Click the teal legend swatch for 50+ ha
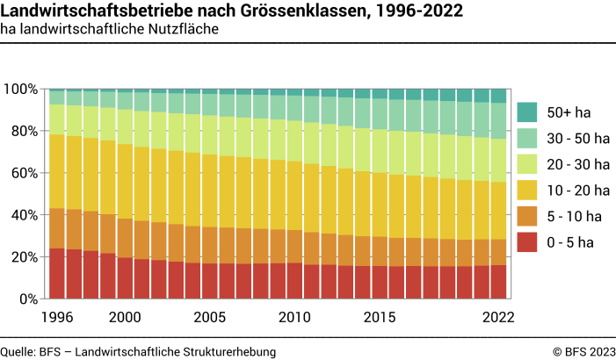(528, 112)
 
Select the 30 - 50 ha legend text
(576, 138)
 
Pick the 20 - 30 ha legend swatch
(528, 164)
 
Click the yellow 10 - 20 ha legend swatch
(528, 190)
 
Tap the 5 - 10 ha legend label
(573, 216)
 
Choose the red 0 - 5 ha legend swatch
(528, 241)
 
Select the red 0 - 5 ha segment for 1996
(56, 273)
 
